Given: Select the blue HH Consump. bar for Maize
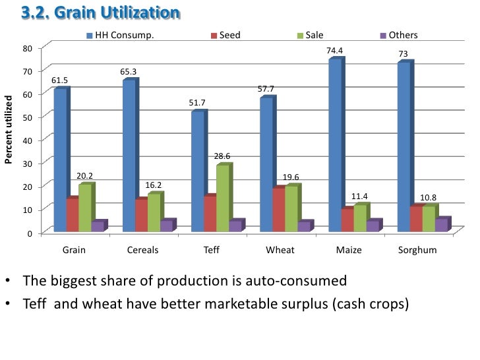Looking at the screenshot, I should [x=335, y=145].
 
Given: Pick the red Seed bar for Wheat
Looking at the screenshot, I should [x=279, y=210].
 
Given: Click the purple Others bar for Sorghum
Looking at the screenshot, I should [x=441, y=225].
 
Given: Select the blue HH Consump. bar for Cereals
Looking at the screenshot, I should [x=129, y=155].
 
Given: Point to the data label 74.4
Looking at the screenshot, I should [x=335, y=50].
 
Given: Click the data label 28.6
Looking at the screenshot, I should [x=223, y=156].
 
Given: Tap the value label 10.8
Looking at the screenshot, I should [x=429, y=198].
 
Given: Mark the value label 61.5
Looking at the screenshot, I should [x=60, y=80].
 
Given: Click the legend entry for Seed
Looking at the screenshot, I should [x=229, y=35].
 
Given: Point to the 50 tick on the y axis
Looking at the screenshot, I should [x=27, y=117].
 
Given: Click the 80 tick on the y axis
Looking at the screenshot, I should [x=27, y=48].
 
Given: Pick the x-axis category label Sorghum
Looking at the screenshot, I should [x=417, y=251].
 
